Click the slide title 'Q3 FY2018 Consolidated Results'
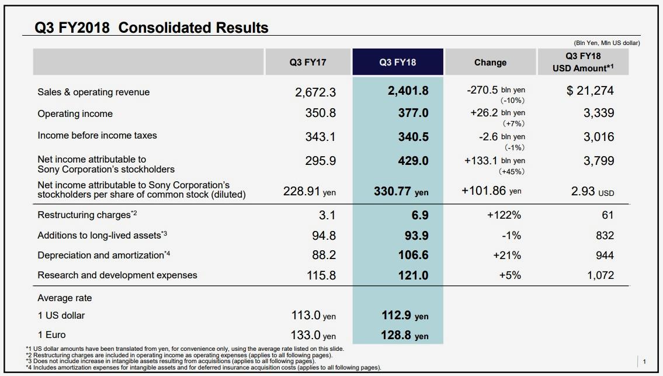point(152,27)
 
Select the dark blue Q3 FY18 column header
point(397,63)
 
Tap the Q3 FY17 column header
point(308,63)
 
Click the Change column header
point(490,63)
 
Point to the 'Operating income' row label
point(75,113)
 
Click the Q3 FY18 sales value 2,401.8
point(408,91)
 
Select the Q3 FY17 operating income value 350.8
point(320,113)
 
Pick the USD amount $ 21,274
point(590,91)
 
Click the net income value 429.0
point(413,161)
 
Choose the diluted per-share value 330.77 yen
point(401,191)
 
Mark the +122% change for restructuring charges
point(504,215)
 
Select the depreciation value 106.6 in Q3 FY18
point(413,255)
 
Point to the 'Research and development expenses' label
point(117,275)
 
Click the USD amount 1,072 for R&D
point(600,275)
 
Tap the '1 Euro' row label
point(51,334)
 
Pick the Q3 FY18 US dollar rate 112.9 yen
point(405,316)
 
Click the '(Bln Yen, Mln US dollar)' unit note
point(607,43)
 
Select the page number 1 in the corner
point(644,361)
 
